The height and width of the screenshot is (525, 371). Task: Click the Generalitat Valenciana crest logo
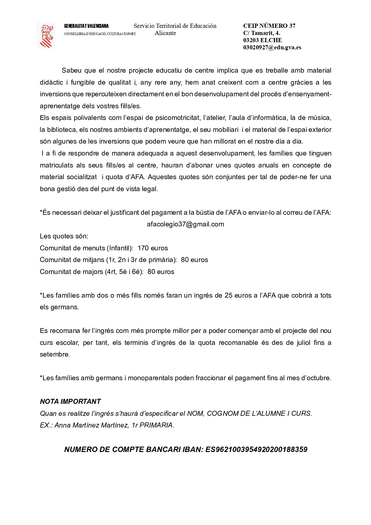coord(46,35)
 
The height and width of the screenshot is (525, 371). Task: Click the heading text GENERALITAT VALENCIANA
coord(86,26)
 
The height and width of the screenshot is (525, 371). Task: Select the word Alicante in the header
coord(165,33)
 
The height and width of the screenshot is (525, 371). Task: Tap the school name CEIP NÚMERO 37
coord(269,26)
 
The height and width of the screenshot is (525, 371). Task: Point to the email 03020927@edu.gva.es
coord(272,47)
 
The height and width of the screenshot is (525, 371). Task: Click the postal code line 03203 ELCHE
coord(262,40)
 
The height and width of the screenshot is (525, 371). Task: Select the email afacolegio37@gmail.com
coord(185,224)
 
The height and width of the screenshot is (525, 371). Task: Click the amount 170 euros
coord(153,248)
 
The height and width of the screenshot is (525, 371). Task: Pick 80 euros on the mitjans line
coord(194,260)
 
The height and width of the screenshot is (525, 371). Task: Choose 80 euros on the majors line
coord(161,272)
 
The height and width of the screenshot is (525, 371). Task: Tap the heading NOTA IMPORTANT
coord(70,401)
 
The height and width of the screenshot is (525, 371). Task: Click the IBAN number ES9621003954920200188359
coord(256,449)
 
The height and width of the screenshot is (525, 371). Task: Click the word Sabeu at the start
coord(72,71)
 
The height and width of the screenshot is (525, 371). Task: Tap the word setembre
coord(54,354)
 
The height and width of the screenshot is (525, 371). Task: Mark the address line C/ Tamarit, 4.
coord(261,33)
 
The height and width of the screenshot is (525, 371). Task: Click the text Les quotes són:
coord(64,236)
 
